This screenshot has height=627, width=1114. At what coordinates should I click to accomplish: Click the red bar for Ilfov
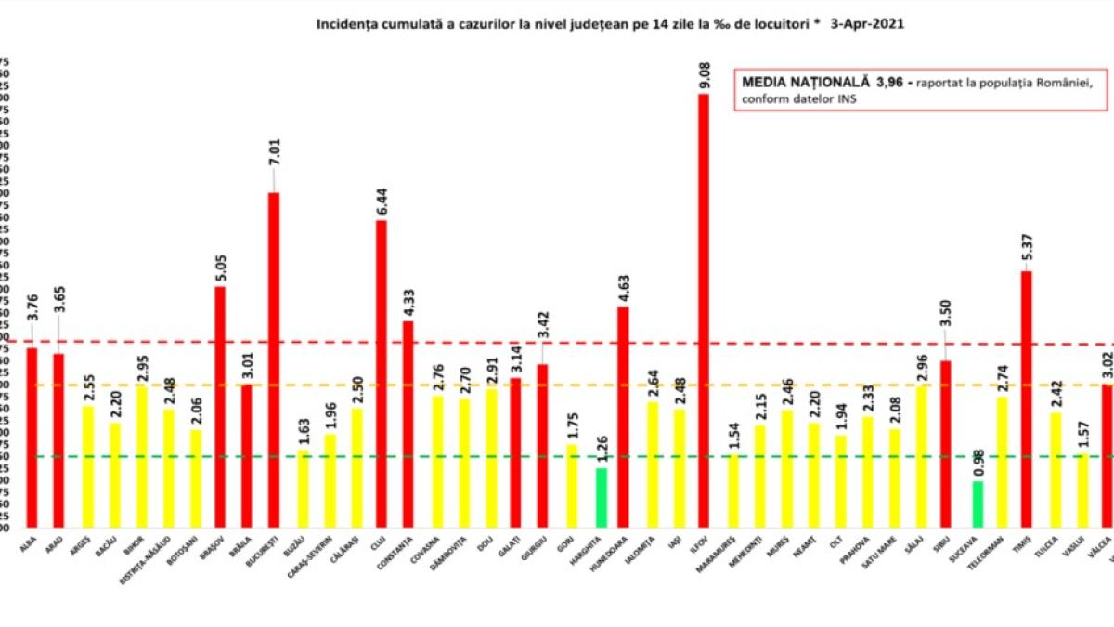point(704,310)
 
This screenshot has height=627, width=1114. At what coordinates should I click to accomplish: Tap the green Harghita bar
point(601,497)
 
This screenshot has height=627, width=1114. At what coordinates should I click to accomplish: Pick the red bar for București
point(274,359)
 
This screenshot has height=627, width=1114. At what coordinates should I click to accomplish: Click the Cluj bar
point(381,373)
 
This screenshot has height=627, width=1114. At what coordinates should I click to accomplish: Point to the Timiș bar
point(1027,399)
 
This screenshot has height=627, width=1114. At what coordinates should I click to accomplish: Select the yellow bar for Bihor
point(141,456)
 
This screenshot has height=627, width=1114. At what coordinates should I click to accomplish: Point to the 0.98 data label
point(976,464)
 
